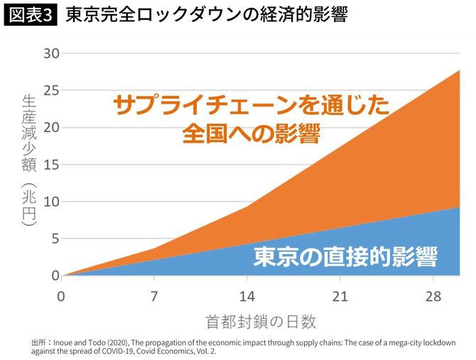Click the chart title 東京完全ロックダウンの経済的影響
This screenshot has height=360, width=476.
[x=206, y=16]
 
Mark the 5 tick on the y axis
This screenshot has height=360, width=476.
[x=53, y=239]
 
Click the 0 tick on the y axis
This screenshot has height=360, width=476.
[x=53, y=276]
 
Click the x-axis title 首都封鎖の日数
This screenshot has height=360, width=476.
[x=261, y=321]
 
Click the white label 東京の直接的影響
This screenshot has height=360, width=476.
[x=345, y=256]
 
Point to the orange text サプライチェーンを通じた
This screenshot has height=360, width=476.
[x=251, y=106]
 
